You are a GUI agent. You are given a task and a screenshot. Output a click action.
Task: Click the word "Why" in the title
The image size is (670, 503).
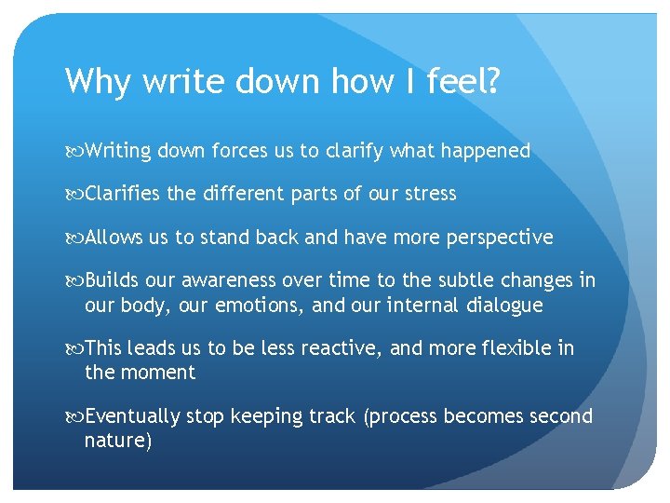coord(98,82)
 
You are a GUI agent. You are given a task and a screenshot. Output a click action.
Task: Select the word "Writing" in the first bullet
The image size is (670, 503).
coord(118,151)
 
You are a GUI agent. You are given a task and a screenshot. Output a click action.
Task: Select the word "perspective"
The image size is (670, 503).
coord(502,238)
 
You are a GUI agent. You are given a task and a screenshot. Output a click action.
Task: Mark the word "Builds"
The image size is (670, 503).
coord(111,280)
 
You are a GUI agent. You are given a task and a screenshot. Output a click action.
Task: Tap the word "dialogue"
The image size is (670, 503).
coord(503,305)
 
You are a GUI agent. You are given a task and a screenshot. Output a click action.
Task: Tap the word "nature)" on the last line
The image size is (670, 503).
coord(117,440)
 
